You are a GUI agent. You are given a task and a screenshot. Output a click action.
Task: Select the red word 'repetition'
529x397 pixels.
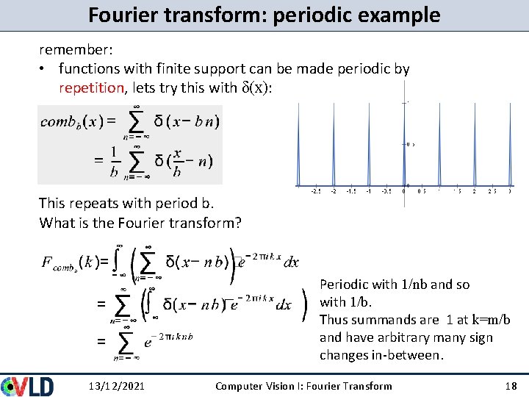pos(92,88)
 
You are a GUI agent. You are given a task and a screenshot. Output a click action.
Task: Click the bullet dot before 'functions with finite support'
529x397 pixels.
pos(45,69)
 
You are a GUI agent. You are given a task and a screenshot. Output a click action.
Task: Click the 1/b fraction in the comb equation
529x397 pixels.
pos(113,162)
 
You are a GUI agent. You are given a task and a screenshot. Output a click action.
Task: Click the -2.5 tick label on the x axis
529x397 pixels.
pos(315,193)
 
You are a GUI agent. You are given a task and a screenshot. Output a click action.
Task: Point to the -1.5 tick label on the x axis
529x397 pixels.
pos(351,193)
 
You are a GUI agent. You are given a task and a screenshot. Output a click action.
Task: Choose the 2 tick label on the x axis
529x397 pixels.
pos(475,193)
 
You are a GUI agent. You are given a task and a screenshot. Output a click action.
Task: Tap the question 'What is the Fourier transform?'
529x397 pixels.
pos(140,222)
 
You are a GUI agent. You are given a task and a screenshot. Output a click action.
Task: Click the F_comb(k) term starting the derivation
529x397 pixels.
pos(74,263)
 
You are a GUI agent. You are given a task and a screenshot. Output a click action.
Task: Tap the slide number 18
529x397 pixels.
pos(511,386)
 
